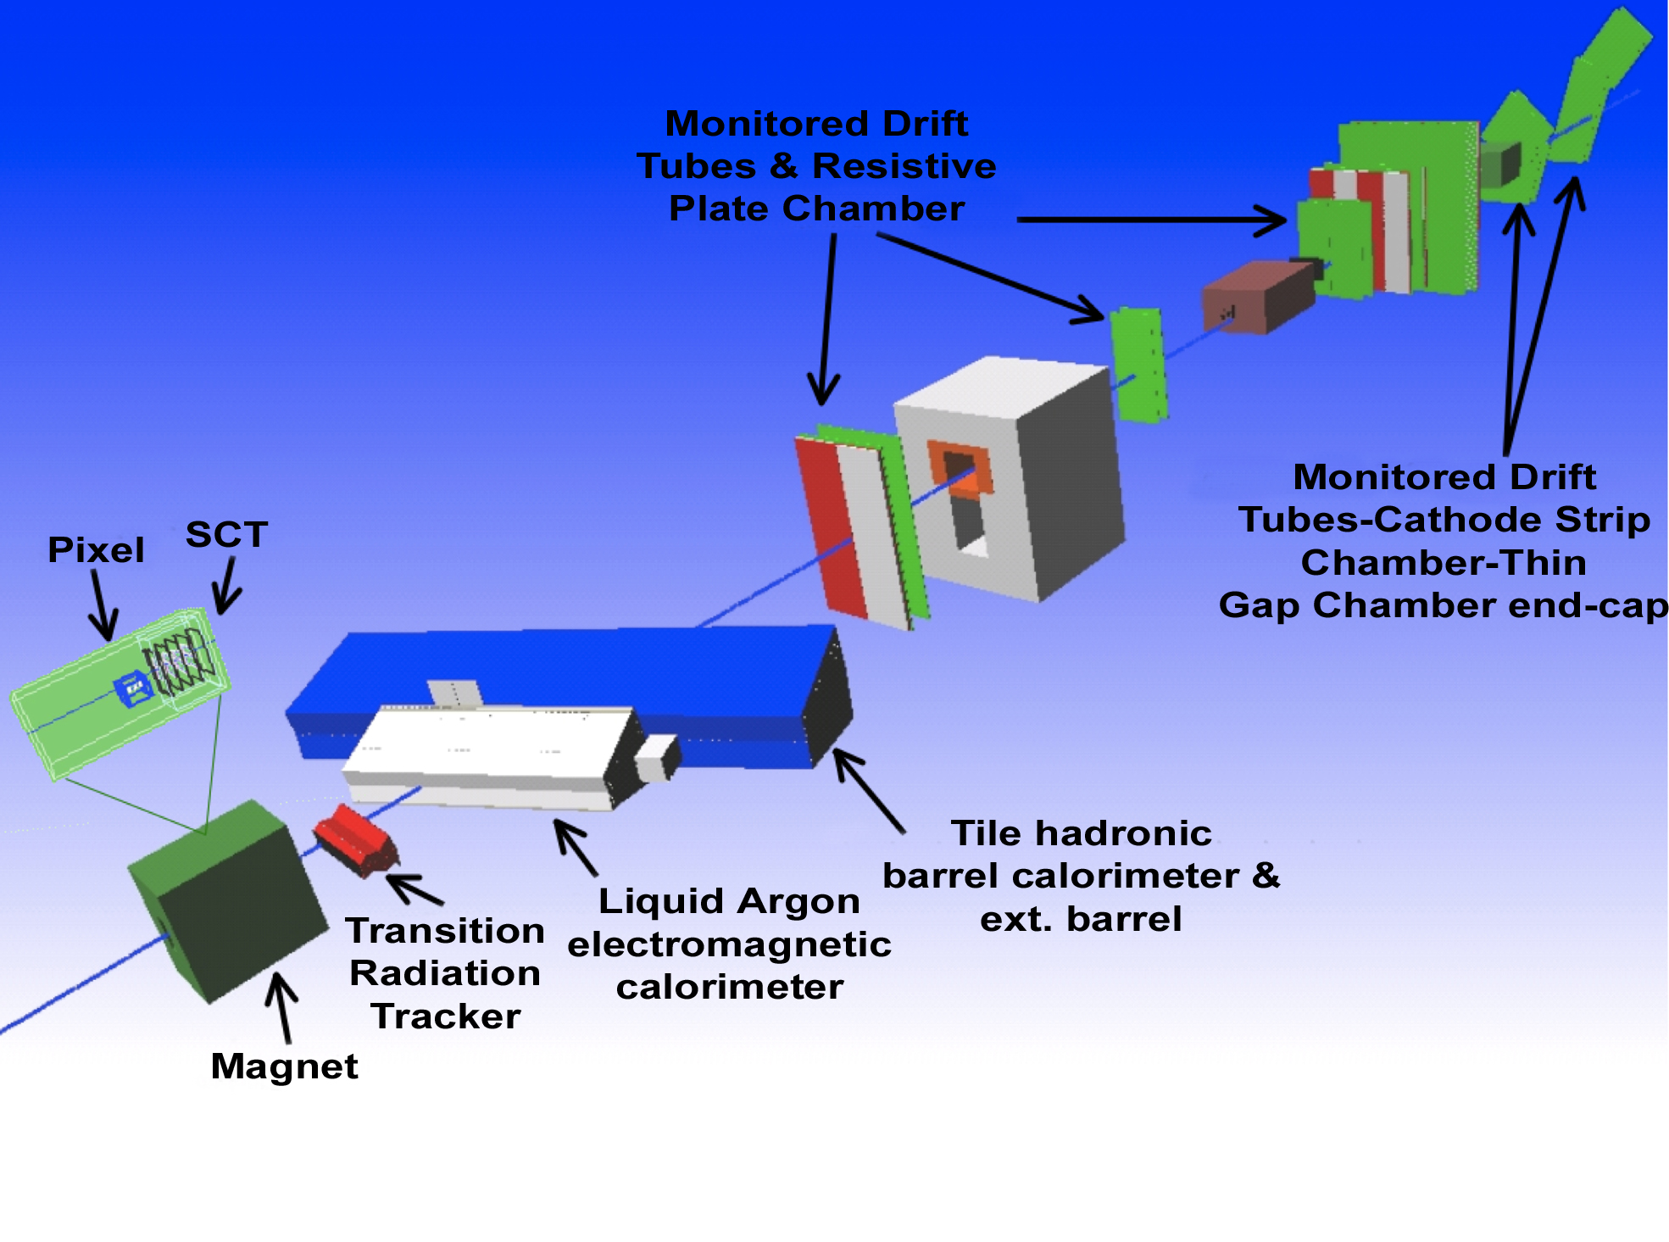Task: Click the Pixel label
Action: click(96, 550)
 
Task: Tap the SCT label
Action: click(226, 535)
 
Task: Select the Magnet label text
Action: click(284, 1067)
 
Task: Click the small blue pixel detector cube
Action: click(133, 688)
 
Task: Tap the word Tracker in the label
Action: click(446, 1016)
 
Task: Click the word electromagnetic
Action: click(729, 944)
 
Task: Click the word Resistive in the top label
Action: click(904, 166)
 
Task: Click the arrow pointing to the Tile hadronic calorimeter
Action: click(869, 790)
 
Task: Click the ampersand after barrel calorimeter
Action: click(1266, 876)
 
